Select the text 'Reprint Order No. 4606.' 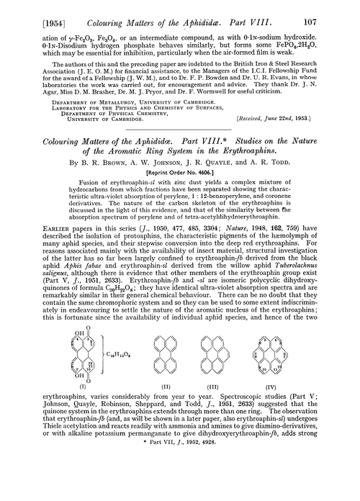[x=180, y=155]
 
